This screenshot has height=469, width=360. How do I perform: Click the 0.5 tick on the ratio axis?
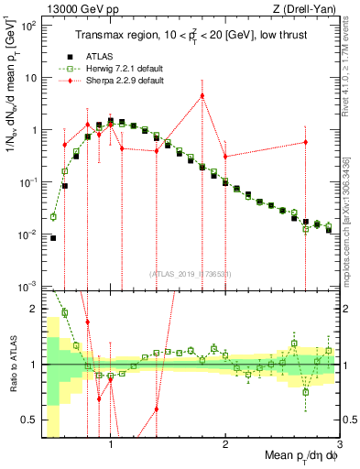(32, 419)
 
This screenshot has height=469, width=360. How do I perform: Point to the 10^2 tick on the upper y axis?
(29, 26)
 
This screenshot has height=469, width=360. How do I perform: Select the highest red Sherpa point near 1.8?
(202, 95)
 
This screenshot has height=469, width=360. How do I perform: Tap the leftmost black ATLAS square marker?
(53, 238)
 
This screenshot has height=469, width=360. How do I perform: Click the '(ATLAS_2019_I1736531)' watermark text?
(191, 274)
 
